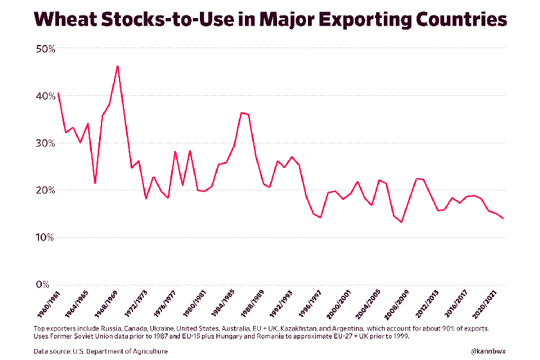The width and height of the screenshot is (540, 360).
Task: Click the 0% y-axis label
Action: [x=42, y=285]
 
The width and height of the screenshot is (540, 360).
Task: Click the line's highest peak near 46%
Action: [x=117, y=66]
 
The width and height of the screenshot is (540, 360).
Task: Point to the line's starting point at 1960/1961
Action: [x=58, y=93]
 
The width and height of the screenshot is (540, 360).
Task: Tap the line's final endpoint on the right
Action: [x=503, y=219]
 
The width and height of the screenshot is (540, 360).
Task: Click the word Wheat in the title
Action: [x=60, y=20]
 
